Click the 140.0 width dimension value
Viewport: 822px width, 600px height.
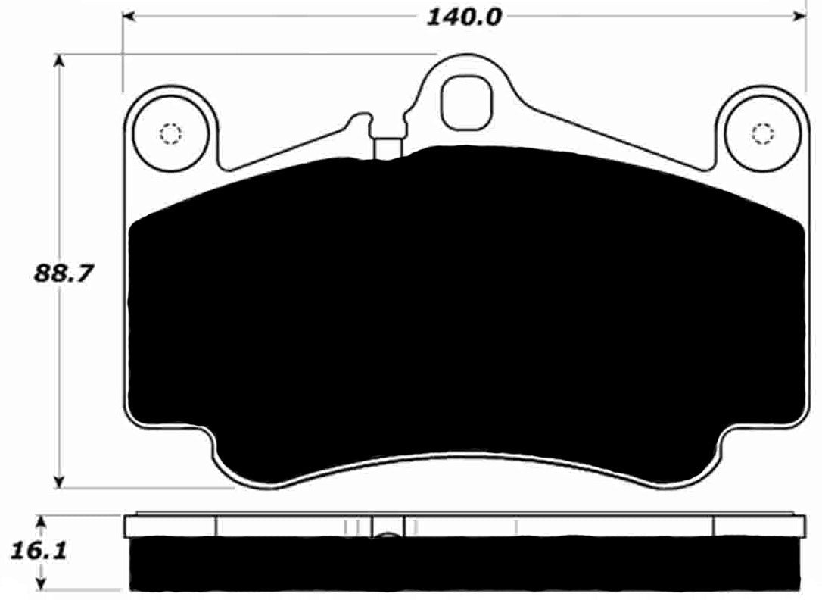464,17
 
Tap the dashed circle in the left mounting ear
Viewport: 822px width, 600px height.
170,135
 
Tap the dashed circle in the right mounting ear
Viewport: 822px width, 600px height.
763,134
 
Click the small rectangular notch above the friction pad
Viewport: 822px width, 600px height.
389,147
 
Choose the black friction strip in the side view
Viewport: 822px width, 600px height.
465,564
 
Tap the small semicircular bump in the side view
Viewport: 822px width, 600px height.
387,536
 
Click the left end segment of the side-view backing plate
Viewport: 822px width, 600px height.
170,526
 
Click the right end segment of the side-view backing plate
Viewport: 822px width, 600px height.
758,526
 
